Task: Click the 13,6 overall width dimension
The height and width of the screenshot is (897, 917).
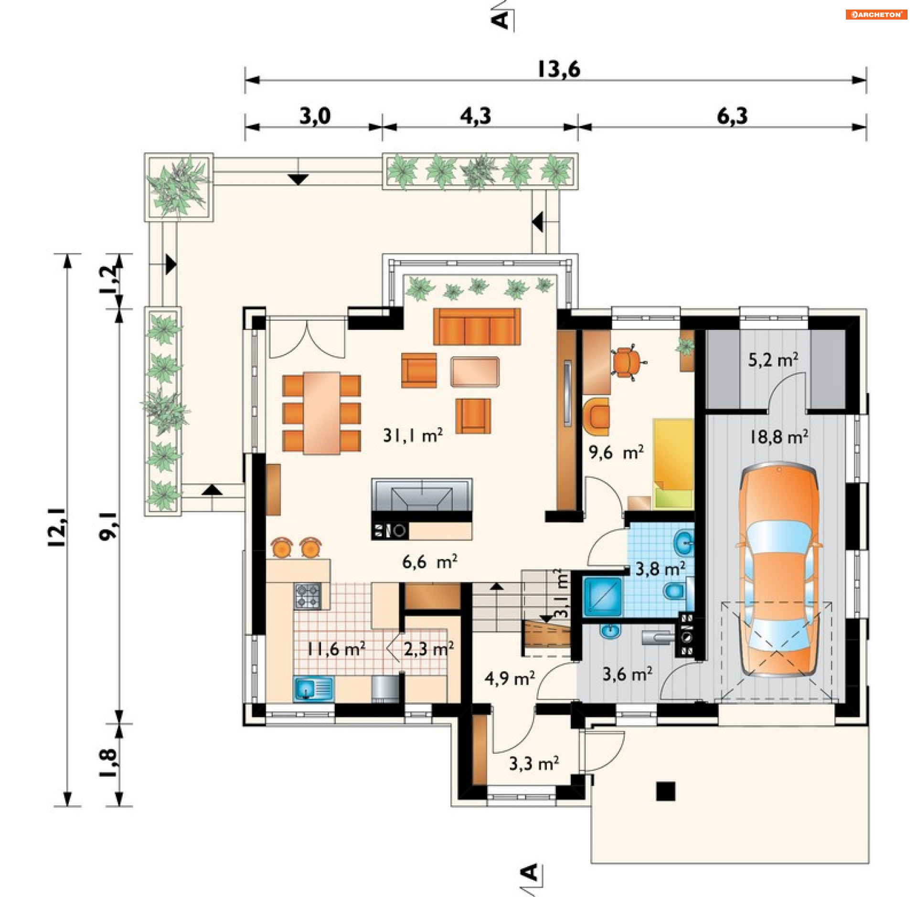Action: tap(559, 70)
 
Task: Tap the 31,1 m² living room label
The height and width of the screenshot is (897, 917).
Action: tap(413, 435)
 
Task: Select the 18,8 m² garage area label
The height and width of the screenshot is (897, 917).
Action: tap(778, 436)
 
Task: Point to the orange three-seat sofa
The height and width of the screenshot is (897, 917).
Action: tap(477, 327)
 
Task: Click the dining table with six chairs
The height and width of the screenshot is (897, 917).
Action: tap(321, 413)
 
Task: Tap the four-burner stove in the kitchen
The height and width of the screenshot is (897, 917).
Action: tap(307, 596)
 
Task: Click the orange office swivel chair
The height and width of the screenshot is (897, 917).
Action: tap(627, 361)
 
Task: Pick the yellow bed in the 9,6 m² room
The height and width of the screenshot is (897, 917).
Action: tap(673, 463)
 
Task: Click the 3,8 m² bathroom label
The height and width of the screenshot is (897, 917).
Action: tap(660, 569)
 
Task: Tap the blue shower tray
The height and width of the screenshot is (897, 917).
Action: tap(603, 596)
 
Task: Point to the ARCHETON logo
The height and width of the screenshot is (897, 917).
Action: tap(876, 14)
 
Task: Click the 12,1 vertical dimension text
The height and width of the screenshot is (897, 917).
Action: tap(57, 527)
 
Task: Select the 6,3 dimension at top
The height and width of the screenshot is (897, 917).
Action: tap(732, 116)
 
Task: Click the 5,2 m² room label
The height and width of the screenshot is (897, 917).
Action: tap(773, 359)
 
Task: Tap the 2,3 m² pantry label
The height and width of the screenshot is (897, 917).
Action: tap(428, 649)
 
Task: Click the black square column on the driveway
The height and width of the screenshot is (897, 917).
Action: tap(665, 791)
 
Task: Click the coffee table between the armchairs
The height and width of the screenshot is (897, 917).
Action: tap(475, 371)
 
